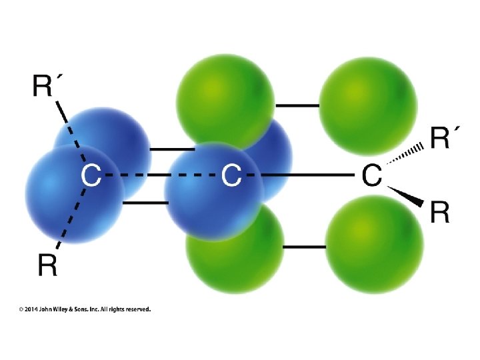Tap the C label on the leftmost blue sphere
(91, 176)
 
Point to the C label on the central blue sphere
(231, 176)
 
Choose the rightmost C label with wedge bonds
(371, 176)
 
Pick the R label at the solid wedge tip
(439, 213)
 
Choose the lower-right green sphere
(374, 244)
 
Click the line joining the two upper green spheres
(297, 105)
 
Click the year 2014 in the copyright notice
(31, 309)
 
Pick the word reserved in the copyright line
(137, 309)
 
